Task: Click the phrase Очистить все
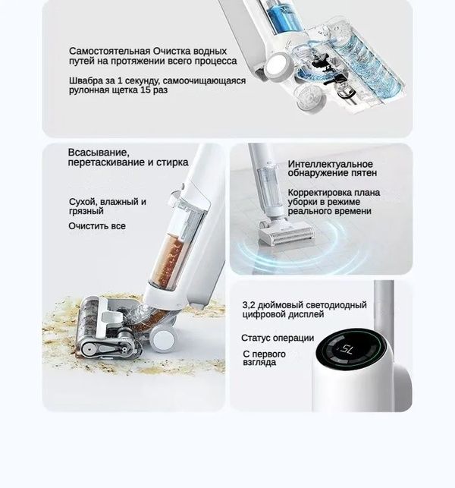point(97,226)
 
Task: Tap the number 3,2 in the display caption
point(250,304)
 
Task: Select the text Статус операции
point(277,338)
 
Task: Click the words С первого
point(264,354)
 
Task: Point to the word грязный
point(86,212)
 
